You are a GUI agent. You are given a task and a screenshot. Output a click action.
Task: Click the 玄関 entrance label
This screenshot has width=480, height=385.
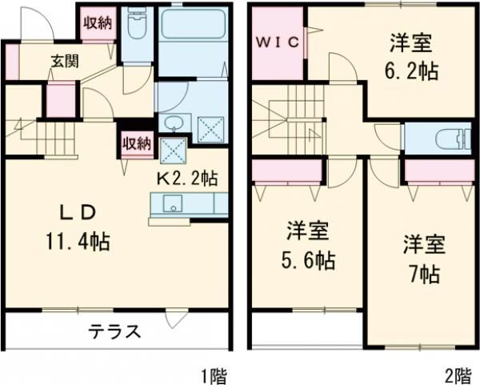pos(65,62)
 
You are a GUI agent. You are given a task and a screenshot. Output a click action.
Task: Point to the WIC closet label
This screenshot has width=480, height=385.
pos(278,42)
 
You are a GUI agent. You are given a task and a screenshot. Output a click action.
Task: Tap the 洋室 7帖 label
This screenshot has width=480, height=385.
pos(421,258)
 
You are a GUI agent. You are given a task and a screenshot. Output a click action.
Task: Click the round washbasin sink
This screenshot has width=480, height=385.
pos(173,123)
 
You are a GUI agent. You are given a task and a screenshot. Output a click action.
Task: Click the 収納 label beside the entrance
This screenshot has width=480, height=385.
pos(98,22)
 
